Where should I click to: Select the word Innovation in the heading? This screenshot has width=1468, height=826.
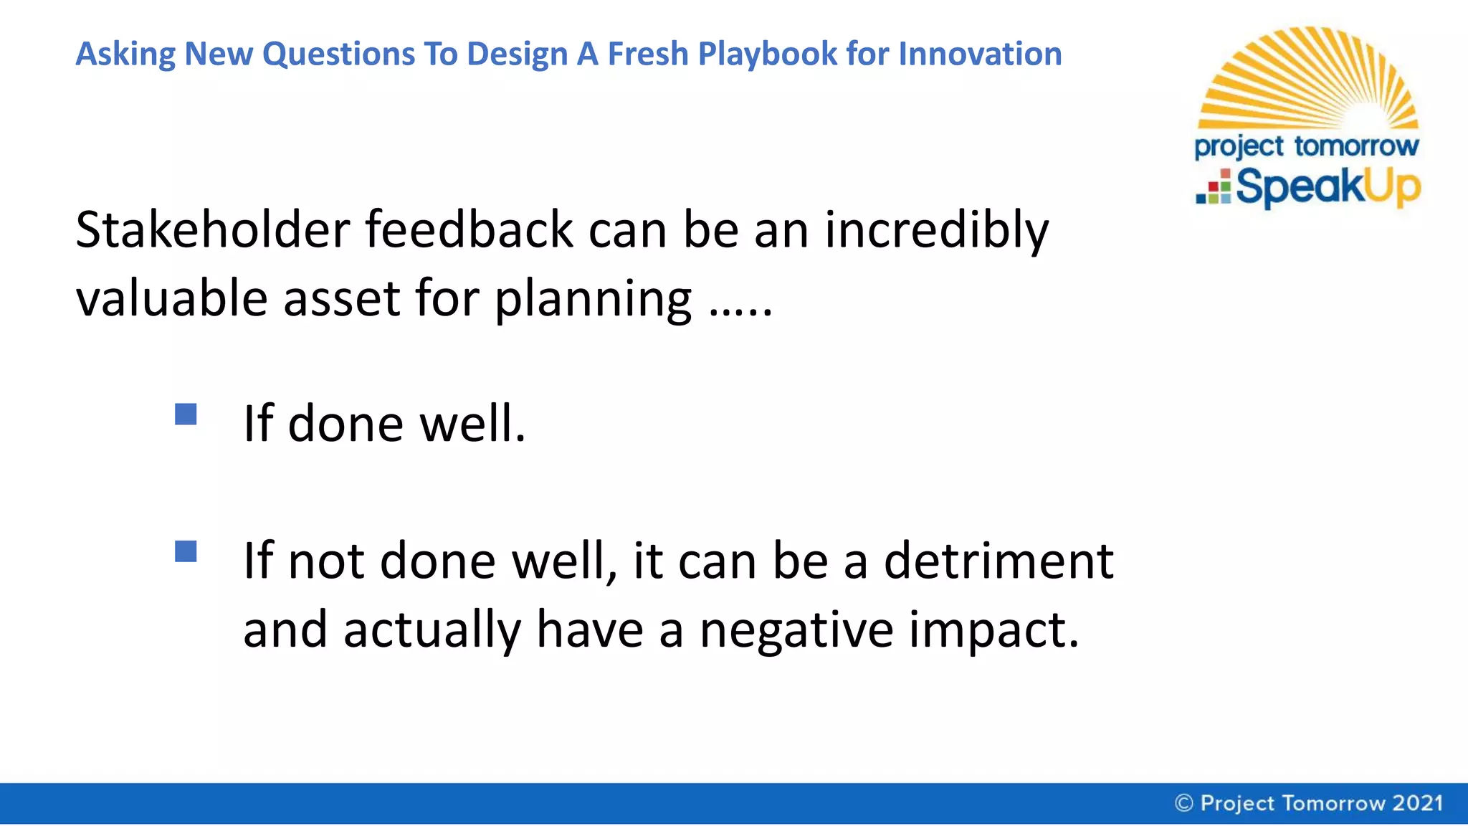(980, 54)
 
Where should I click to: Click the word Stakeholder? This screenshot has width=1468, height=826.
(212, 230)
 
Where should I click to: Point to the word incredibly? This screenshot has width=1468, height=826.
(936, 230)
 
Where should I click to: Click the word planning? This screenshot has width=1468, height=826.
(593, 298)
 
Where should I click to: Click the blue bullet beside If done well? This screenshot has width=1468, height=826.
(186, 414)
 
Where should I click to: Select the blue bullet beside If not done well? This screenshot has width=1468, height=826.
(186, 551)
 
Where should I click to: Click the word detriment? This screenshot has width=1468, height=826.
(998, 561)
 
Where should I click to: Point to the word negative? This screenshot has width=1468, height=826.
(796, 630)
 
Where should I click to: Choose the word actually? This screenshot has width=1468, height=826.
(432, 630)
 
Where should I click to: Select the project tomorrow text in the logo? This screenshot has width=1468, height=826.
(1306, 146)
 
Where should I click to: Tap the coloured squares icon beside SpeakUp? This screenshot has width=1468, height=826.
(1214, 188)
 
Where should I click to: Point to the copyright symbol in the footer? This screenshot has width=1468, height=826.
(1184, 803)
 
